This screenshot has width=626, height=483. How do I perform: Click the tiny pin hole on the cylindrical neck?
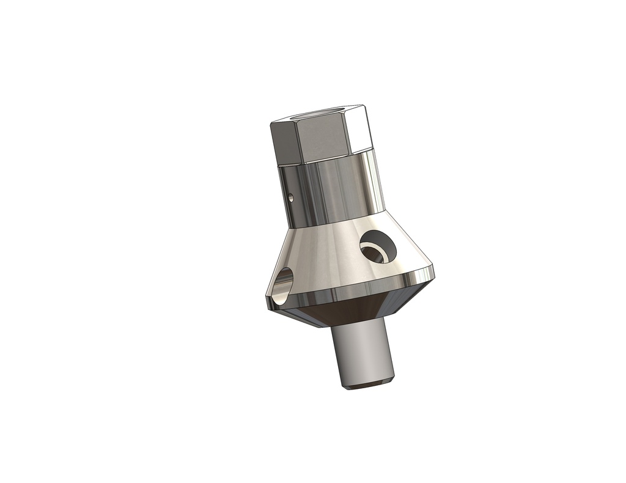pyautogui.click(x=291, y=197)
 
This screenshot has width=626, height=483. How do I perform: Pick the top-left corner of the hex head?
pyautogui.click(x=270, y=123)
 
